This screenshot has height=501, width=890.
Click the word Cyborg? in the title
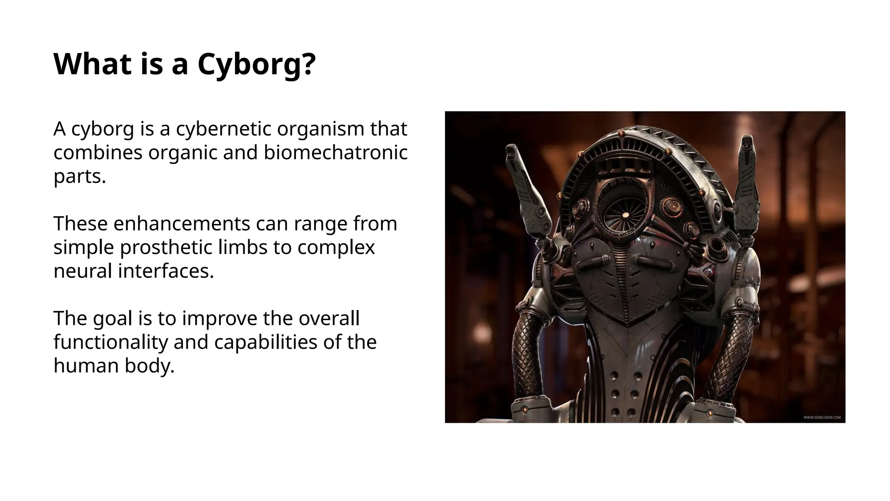[256, 64]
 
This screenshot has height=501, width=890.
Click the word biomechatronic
[335, 153]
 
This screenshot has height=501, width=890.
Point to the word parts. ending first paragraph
[80, 177]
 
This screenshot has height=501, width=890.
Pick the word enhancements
[182, 224]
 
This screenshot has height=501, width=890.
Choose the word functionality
[110, 342]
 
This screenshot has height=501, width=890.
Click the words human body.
[114, 366]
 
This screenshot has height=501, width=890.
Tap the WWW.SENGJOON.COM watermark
[821, 417]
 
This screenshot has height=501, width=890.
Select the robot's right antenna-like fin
[747, 183]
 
